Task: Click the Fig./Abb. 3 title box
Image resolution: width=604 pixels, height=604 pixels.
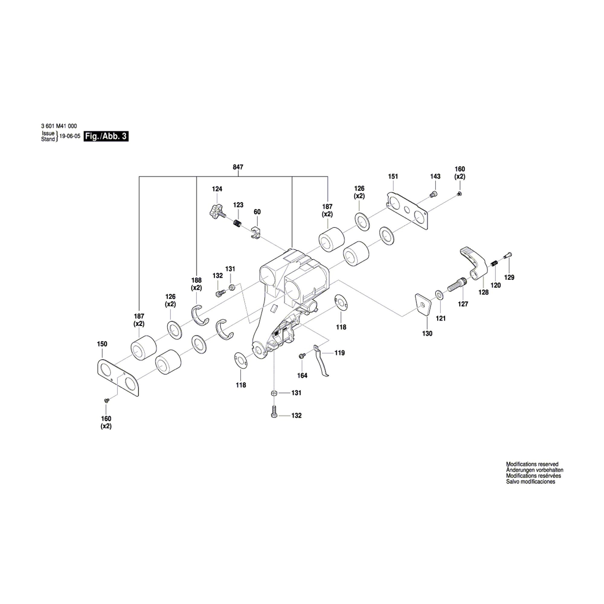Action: [x=106, y=137]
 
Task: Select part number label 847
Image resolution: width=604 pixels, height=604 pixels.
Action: [x=238, y=167]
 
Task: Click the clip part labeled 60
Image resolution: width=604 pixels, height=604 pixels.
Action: [x=256, y=233]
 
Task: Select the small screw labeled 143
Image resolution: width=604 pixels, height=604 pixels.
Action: [x=433, y=194]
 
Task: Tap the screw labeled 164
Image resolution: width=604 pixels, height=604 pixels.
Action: [x=302, y=355]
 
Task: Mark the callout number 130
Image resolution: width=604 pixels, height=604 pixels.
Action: [x=427, y=334]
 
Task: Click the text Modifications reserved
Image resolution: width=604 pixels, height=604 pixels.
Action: [x=532, y=464]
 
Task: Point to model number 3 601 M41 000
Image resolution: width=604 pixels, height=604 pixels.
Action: [x=59, y=126]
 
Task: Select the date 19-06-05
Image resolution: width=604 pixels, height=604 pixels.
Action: [x=70, y=137]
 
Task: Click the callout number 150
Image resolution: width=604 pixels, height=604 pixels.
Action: [x=102, y=344]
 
